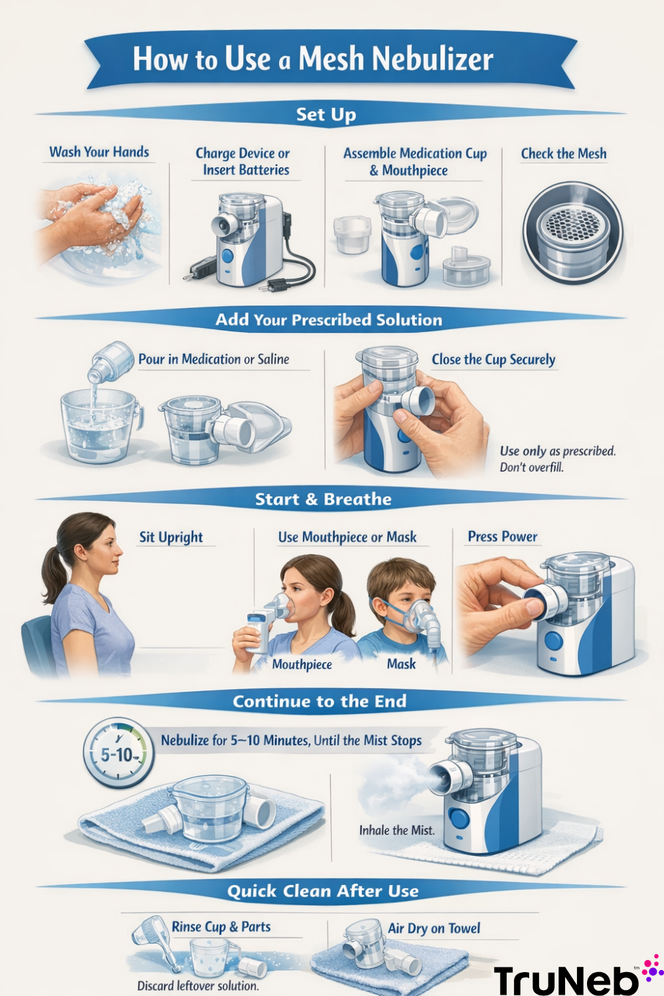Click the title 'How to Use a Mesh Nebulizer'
(x=313, y=59)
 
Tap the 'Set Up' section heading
(x=325, y=114)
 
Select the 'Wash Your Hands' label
(x=99, y=152)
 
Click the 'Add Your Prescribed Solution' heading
(x=329, y=320)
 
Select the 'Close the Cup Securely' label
(x=493, y=360)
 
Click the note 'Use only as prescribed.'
(x=557, y=452)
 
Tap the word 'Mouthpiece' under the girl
(x=301, y=665)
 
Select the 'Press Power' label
(x=502, y=537)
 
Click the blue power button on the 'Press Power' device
(x=553, y=641)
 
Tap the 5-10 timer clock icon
(x=118, y=754)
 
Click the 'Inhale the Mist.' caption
(x=396, y=830)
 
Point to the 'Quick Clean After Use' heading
(x=323, y=891)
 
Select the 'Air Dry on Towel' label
(x=434, y=928)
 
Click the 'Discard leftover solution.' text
(x=197, y=986)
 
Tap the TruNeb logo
(x=571, y=979)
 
